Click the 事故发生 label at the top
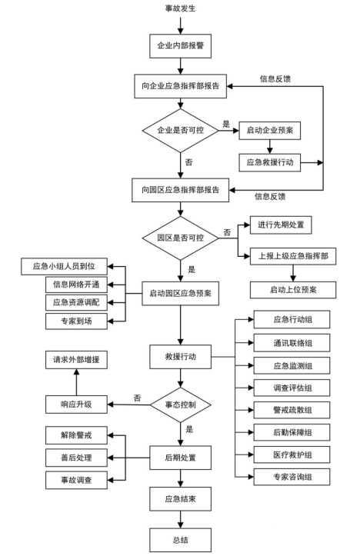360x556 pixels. click(x=180, y=8)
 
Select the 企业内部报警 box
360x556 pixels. click(x=180, y=45)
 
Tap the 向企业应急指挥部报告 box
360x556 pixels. click(x=180, y=86)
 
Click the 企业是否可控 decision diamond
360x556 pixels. click(x=180, y=131)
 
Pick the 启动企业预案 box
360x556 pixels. click(x=270, y=131)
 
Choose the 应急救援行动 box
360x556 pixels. click(x=270, y=163)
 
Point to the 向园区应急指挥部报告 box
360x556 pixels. click(x=180, y=190)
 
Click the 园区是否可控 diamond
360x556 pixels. click(x=180, y=238)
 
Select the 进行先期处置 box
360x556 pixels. click(x=281, y=225)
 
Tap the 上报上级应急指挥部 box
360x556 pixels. click(x=293, y=256)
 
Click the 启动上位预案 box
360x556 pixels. click(x=293, y=290)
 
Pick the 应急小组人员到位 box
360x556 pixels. click(x=64, y=266)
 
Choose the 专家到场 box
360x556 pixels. click(x=76, y=321)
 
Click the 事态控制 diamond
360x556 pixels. click(x=180, y=405)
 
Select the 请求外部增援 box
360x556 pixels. click(x=76, y=360)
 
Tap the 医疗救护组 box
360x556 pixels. click(x=292, y=454)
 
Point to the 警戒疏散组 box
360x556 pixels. click(x=292, y=410)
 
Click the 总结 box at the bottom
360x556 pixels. click(x=180, y=540)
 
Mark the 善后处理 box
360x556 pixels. click(x=76, y=458)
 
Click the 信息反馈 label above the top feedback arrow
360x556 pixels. click(x=275, y=79)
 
